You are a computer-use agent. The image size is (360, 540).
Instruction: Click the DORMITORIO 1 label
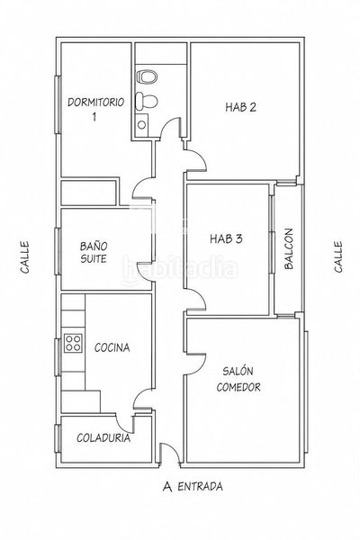point(95,109)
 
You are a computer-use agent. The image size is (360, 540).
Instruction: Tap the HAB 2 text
point(241,107)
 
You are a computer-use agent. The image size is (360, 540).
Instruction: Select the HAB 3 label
point(226,238)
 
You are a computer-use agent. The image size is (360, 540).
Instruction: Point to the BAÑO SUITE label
point(94,252)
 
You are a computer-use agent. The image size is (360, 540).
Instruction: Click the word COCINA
point(112,347)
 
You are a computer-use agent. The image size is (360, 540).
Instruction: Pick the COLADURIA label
point(103,438)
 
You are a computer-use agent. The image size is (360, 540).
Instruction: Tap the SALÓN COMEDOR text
point(238,379)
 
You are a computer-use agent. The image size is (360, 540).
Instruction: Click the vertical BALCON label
point(289,248)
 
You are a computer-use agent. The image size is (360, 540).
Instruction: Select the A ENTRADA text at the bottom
point(193,487)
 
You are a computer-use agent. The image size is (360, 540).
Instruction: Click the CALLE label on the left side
point(24,257)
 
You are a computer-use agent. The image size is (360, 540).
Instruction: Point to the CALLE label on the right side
point(338,256)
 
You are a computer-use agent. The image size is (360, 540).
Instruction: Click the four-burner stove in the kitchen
point(73,344)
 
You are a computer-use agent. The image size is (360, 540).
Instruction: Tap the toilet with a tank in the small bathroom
point(147,101)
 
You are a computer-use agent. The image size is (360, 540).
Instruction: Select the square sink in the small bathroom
point(141,123)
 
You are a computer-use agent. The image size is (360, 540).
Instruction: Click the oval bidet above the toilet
point(147,76)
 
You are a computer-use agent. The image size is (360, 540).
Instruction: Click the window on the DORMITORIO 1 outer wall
point(58,104)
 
